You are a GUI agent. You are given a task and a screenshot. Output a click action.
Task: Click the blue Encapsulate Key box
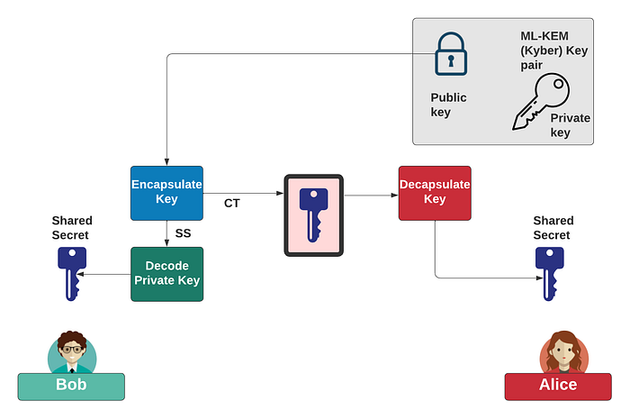coord(166,193)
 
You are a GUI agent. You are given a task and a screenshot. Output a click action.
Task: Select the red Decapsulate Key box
coord(435,193)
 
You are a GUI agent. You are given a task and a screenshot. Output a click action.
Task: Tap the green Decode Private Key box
coord(166,274)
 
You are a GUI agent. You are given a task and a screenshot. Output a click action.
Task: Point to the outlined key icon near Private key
coord(538,101)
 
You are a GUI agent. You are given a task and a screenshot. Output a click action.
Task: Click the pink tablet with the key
coord(314,214)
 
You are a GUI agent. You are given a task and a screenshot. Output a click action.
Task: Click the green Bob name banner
coord(71,387)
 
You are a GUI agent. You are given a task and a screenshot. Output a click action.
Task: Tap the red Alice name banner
coord(558,386)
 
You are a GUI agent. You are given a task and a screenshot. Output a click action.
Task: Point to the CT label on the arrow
coord(232,204)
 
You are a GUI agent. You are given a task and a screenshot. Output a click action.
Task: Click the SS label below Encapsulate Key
coord(183,233)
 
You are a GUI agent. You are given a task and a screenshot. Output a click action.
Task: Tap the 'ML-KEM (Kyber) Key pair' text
coord(553,50)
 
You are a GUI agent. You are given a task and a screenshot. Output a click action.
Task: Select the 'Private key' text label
coord(571,125)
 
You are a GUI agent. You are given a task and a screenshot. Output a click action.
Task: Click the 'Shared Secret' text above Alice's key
coord(553,228)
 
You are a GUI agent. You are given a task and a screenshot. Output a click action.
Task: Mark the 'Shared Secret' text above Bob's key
coord(72,228)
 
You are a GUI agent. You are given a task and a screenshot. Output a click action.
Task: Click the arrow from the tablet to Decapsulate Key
coord(371,194)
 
